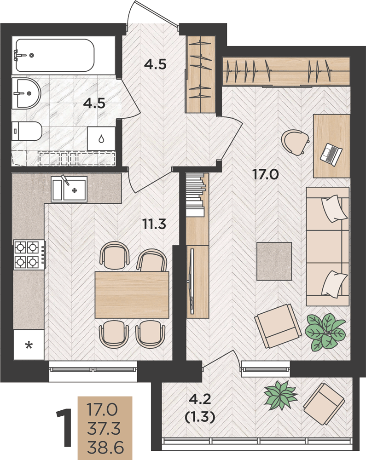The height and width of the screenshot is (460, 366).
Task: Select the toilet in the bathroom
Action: (x=27, y=131)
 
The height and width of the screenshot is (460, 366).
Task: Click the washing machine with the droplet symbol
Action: (x=101, y=138)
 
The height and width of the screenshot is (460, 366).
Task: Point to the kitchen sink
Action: (x=69, y=189)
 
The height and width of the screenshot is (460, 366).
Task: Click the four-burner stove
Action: (x=29, y=254)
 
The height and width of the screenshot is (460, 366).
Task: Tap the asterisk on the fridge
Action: (x=29, y=345)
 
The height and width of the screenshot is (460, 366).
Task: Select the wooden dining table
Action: (x=132, y=294)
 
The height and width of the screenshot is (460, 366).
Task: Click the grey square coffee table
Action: (x=274, y=261)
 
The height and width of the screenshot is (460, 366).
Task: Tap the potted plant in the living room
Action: (x=325, y=333)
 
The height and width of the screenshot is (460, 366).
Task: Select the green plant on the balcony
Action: (x=280, y=394)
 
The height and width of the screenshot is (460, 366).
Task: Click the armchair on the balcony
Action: (x=324, y=404)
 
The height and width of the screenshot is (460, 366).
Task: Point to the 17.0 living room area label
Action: (x=266, y=175)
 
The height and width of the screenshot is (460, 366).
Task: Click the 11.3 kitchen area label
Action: (x=154, y=224)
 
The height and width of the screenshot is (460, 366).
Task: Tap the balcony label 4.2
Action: (x=200, y=399)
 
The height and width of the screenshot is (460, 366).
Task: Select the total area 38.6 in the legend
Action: (x=105, y=448)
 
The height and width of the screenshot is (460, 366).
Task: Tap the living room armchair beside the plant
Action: (x=278, y=326)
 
